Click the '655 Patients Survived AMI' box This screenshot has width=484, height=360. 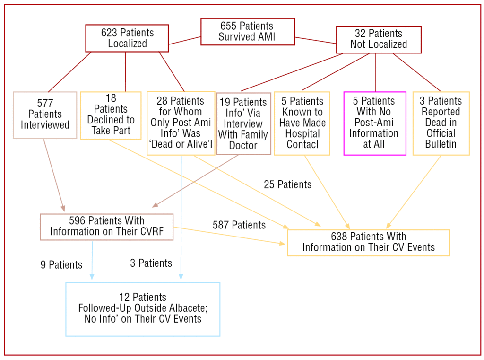pyautogui.click(x=248, y=32)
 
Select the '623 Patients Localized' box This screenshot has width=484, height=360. pyautogui.click(x=127, y=38)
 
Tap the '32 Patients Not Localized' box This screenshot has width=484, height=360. pyautogui.click(x=378, y=39)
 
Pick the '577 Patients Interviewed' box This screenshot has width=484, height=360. pyautogui.click(x=45, y=115)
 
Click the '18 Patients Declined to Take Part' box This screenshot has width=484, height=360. pyautogui.click(x=111, y=115)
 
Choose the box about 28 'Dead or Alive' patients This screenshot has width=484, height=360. pyautogui.click(x=181, y=123)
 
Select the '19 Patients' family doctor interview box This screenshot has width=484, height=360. pyautogui.click(x=243, y=124)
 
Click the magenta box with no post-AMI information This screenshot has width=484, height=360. pyautogui.click(x=374, y=123)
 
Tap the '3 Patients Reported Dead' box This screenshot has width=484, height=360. pyautogui.click(x=441, y=123)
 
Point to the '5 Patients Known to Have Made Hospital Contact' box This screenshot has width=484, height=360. pyautogui.click(x=302, y=123)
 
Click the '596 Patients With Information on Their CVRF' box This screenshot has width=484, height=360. pyautogui.click(x=107, y=227)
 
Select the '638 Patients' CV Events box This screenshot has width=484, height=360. pyautogui.click(x=368, y=242)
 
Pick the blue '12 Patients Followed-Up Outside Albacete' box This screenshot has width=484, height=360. pyautogui.click(x=143, y=308)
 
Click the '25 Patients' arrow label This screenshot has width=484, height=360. pyautogui.click(x=287, y=184)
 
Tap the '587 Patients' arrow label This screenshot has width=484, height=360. pyautogui.click(x=239, y=225)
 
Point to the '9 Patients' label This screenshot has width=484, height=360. pyautogui.click(x=61, y=265)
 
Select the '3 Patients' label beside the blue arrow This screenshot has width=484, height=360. pyautogui.click(x=151, y=263)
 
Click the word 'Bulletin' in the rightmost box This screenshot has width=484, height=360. pyautogui.click(x=441, y=144)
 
